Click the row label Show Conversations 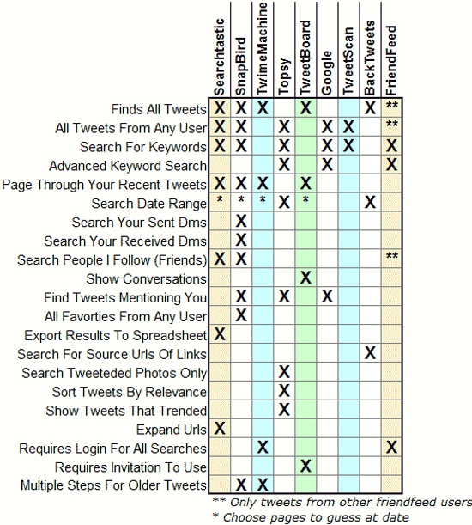147,278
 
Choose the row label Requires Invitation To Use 130,467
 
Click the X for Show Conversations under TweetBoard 306,278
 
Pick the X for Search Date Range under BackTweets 370,204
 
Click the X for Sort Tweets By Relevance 284,391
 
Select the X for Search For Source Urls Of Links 370,353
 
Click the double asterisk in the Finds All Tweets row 392,107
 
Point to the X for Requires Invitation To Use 306,467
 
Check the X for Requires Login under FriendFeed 392,448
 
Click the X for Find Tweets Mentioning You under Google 327,297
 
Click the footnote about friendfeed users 342,502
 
